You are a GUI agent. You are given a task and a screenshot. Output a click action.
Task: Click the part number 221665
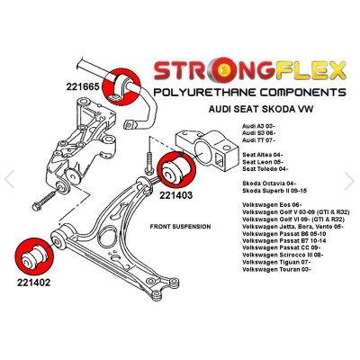(x=83, y=86)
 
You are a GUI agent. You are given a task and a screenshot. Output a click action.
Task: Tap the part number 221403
(x=175, y=195)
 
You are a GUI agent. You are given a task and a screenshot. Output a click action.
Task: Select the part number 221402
(x=33, y=283)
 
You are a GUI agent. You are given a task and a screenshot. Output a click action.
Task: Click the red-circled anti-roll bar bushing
(x=121, y=86)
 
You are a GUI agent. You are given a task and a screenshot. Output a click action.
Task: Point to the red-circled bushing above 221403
(x=176, y=169)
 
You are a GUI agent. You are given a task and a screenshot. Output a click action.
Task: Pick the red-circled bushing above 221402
(x=33, y=256)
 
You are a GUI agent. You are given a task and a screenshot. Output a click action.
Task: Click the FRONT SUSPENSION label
(x=180, y=227)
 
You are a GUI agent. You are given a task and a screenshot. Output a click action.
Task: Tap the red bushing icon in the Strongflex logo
(x=222, y=71)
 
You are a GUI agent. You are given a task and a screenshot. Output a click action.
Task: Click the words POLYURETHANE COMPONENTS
(x=249, y=92)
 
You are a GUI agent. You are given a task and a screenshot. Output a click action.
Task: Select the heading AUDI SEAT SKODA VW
(x=260, y=109)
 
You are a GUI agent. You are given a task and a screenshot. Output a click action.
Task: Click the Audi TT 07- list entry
(x=258, y=139)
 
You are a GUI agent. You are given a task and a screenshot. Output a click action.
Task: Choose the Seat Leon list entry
(x=262, y=162)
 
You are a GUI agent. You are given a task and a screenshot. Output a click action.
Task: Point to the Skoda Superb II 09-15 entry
(x=274, y=190)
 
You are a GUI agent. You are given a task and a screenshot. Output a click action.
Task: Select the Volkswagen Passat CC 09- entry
(x=281, y=247)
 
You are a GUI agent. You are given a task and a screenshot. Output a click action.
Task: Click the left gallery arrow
(x=9, y=179)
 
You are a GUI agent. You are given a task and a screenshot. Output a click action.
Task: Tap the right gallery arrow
(x=350, y=181)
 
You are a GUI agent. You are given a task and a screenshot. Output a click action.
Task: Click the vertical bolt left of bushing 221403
(x=149, y=164)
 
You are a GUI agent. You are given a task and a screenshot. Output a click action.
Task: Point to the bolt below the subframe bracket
(x=44, y=202)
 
